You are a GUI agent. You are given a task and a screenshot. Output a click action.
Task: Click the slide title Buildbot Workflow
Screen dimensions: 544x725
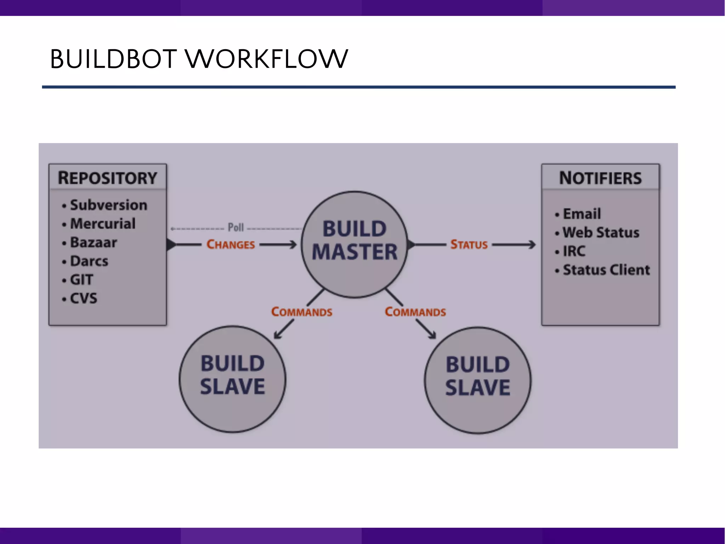tap(199, 59)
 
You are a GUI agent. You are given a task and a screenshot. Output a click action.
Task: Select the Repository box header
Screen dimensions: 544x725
tap(108, 178)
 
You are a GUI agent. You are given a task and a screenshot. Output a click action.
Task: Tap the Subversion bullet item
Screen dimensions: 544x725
tap(108, 205)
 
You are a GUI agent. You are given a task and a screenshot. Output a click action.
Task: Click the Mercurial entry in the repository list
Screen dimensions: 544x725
tap(103, 224)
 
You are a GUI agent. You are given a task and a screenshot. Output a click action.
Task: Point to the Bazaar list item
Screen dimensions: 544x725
tap(93, 243)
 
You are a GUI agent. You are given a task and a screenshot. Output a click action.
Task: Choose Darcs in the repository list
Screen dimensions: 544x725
tap(89, 261)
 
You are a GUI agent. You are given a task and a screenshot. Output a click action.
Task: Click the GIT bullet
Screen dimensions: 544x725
tap(81, 280)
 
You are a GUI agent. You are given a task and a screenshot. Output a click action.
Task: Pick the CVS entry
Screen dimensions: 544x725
tap(84, 299)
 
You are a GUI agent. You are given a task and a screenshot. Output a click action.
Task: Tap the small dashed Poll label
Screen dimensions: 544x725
tap(236, 227)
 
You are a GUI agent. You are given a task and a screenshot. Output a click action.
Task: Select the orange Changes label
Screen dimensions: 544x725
tap(231, 244)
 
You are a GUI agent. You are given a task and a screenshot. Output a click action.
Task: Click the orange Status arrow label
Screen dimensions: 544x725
tap(469, 244)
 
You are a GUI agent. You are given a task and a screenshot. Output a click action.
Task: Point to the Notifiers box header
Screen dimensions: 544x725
tap(600, 178)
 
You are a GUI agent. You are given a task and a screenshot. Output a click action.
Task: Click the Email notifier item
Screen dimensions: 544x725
tap(582, 214)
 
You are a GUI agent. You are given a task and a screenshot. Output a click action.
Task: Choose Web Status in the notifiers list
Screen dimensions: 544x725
tap(601, 233)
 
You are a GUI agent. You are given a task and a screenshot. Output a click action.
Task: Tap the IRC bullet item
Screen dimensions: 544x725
tap(574, 251)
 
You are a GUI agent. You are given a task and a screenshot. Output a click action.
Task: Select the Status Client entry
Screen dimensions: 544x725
tap(606, 270)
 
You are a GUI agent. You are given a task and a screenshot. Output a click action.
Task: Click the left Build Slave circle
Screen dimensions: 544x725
tap(233, 379)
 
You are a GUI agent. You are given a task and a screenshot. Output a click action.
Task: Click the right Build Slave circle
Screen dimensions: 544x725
tap(478, 380)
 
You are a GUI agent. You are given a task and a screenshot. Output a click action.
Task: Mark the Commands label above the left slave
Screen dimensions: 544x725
tap(302, 312)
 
